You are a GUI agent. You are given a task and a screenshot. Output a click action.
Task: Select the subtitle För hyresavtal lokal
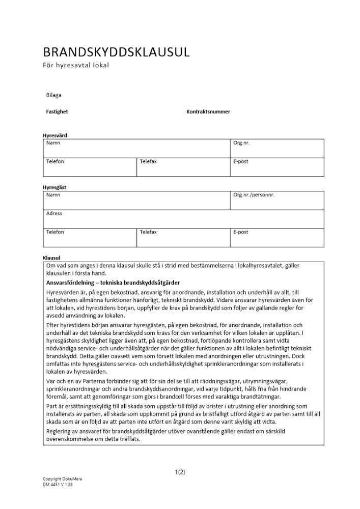(x=76, y=65)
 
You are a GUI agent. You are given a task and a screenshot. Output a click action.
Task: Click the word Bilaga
(x=54, y=95)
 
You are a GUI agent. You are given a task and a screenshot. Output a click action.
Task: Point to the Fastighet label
(x=57, y=111)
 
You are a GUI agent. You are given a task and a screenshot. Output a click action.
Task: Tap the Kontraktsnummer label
(x=208, y=111)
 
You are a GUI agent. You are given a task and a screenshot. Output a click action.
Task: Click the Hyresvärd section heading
(x=54, y=135)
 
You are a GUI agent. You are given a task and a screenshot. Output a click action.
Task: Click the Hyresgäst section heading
(x=54, y=187)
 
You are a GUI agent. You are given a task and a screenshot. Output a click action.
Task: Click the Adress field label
(x=54, y=213)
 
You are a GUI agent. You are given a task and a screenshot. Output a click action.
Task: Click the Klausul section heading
(x=51, y=258)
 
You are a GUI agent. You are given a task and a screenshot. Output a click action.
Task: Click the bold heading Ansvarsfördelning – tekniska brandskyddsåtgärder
(x=113, y=282)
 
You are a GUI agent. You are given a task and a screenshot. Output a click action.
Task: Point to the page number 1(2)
(x=180, y=472)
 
